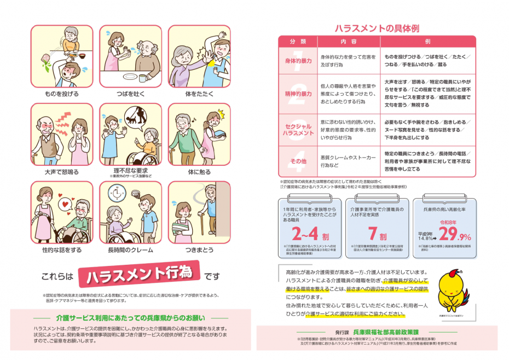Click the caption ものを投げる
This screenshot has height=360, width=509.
click(x=61, y=94)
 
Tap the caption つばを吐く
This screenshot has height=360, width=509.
click(x=130, y=94)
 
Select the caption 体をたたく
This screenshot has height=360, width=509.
click(x=199, y=94)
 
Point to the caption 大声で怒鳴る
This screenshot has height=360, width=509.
click(x=61, y=172)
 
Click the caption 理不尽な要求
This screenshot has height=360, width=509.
click(x=130, y=171)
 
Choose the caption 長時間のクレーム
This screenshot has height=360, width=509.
click(x=130, y=250)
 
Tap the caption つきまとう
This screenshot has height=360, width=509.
click(x=199, y=250)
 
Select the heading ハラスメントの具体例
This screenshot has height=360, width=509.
click(x=377, y=28)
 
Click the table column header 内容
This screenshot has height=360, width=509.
click(x=349, y=42)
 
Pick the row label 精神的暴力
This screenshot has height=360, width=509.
click(x=298, y=94)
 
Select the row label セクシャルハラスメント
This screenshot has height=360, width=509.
click(x=298, y=129)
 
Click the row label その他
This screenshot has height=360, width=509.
click(x=298, y=162)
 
